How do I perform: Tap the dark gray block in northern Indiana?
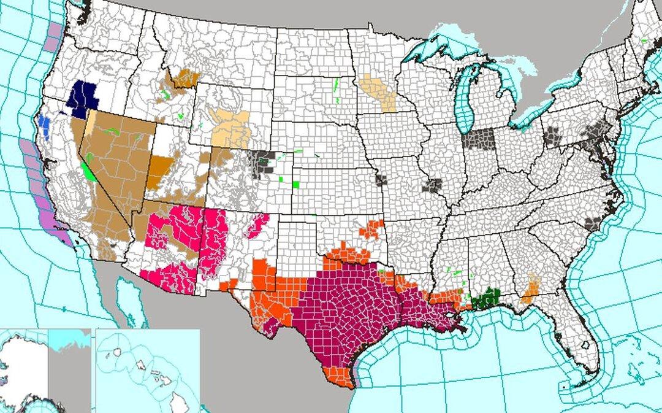(x=478, y=139)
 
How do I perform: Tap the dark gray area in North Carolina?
(x=592, y=224)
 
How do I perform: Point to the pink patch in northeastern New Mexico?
(x=257, y=225)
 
